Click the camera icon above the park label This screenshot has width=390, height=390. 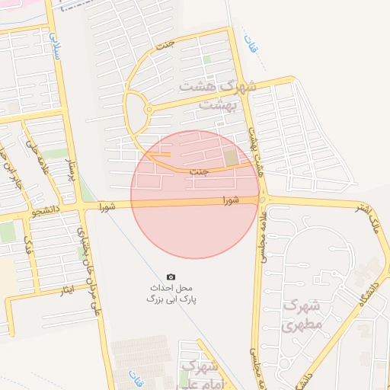tap(171, 276)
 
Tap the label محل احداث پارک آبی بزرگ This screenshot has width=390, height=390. tap(172, 294)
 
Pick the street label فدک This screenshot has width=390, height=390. tap(28, 248)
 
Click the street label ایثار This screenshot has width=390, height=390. tap(67, 292)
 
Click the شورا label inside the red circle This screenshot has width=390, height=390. tap(231, 200)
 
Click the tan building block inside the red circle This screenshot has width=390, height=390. tap(232, 158)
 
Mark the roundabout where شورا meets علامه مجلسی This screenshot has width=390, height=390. tap(262, 200)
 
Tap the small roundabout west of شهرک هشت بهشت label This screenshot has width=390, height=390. tap(148, 110)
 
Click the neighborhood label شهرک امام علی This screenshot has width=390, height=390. tap(197, 375)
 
